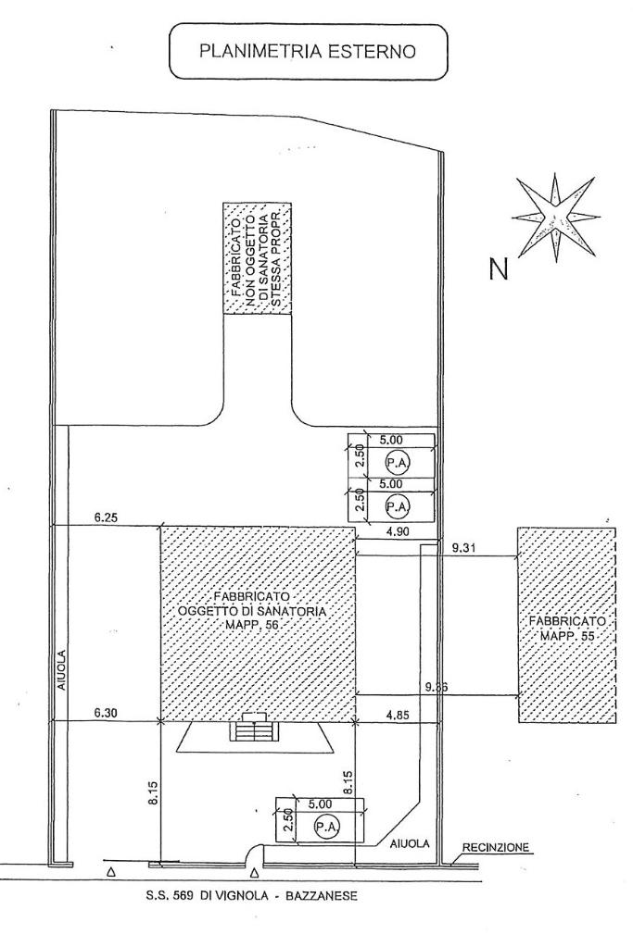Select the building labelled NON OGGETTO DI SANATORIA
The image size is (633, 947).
click(x=257, y=258)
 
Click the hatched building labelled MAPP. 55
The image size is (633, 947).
click(x=564, y=625)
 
